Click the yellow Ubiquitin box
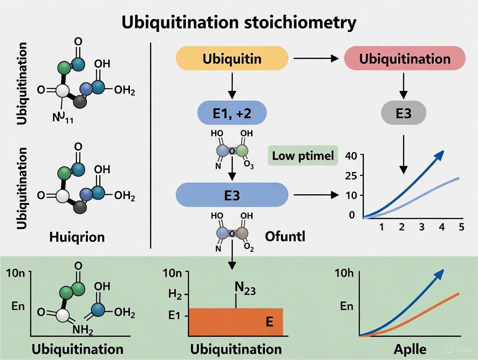tap(232, 58)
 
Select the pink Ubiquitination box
tap(404, 58)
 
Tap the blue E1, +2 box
tap(232, 114)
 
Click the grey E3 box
tap(404, 113)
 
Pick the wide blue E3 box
tap(232, 194)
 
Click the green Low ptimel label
tap(303, 156)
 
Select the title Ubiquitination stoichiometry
tap(239, 22)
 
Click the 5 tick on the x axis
tap(461, 227)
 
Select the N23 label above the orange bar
tap(244, 289)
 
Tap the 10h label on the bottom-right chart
tap(344, 273)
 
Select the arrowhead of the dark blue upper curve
tap(440, 154)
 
